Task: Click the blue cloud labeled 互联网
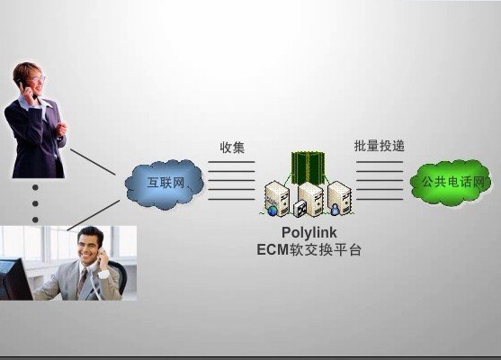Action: [165, 184]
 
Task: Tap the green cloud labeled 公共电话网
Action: [452, 183]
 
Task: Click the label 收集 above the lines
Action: [232, 148]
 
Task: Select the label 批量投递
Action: [380, 146]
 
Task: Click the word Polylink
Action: [309, 233]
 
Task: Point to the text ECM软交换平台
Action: [309, 249]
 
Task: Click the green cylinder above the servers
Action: [308, 168]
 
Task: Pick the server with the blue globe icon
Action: [277, 199]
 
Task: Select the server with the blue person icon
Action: [340, 198]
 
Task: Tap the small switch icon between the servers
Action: [300, 209]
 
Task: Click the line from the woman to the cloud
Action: [93, 162]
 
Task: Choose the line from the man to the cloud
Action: [94, 215]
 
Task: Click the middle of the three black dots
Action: [35, 203]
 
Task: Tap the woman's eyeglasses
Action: [39, 78]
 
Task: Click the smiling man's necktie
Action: [82, 283]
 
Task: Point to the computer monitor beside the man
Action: [14, 280]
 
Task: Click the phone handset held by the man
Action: [101, 256]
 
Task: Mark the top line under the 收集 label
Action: [231, 162]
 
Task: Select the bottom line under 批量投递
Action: [380, 199]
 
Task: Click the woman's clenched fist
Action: [61, 129]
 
